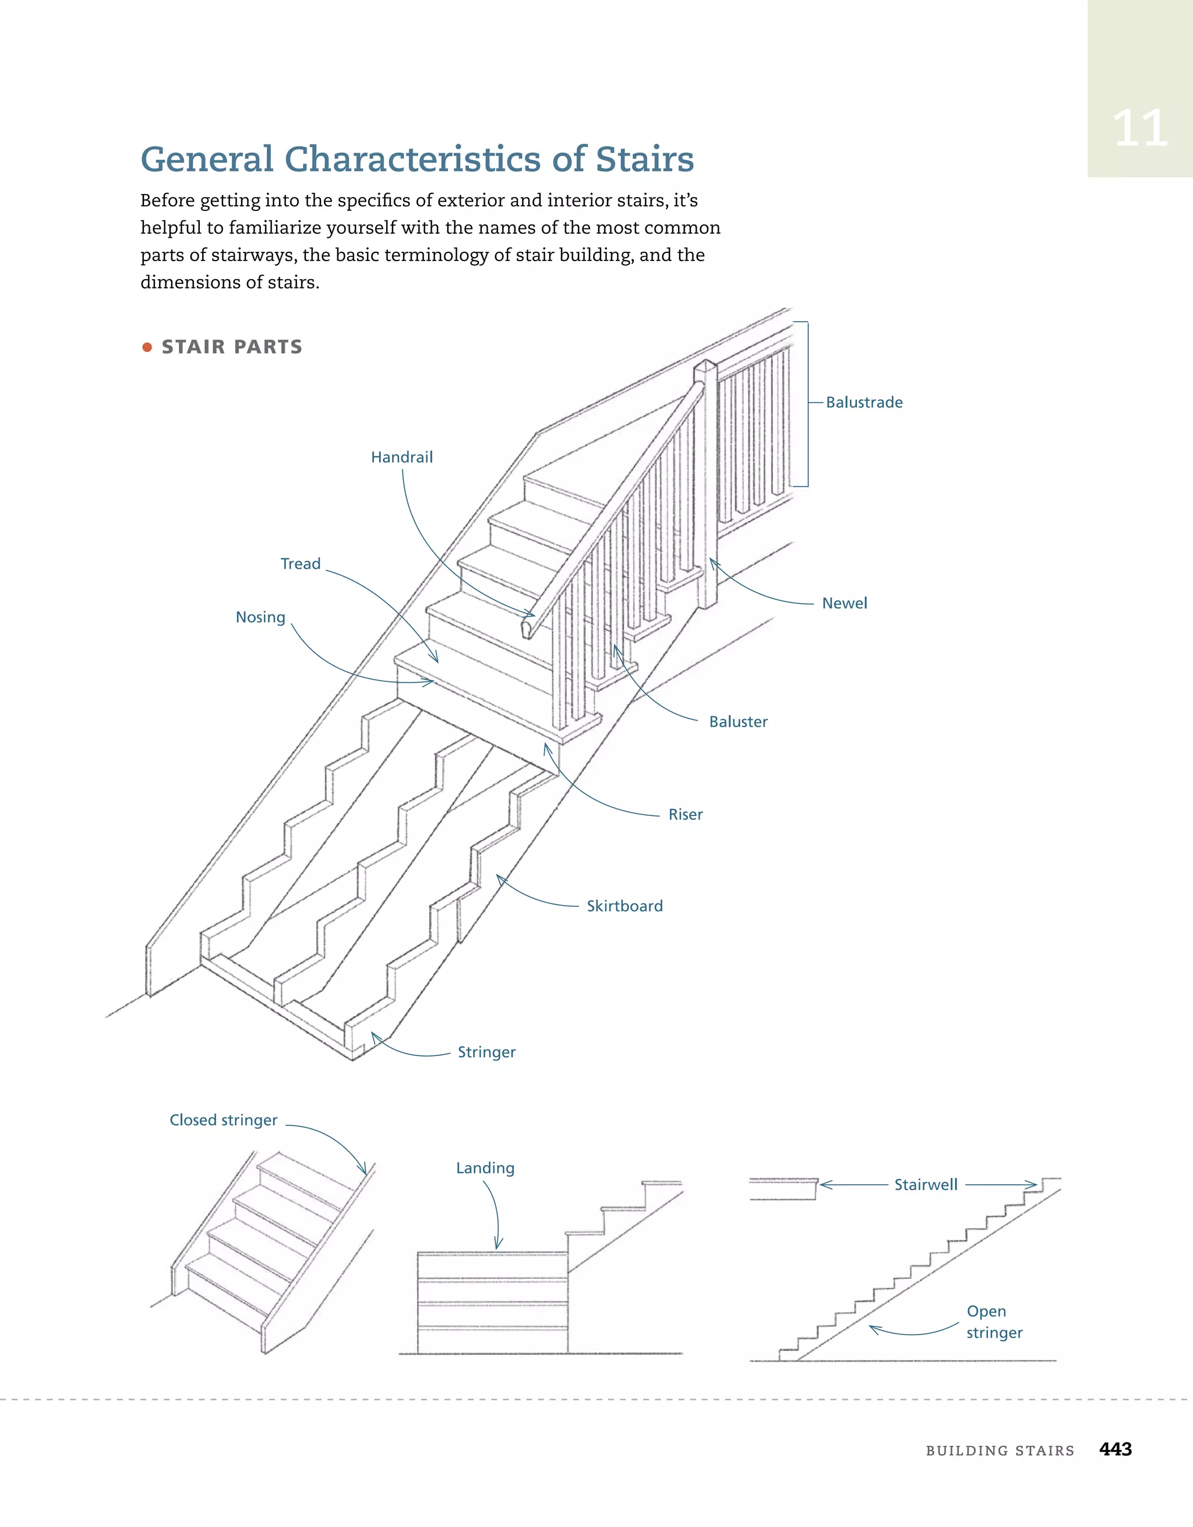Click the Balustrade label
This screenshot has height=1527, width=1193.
coord(864,402)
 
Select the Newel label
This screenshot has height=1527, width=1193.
coord(844,603)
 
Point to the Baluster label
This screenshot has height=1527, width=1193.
coord(738,722)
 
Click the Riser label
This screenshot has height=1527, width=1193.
coord(685,815)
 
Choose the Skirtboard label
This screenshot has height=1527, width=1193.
coord(624,906)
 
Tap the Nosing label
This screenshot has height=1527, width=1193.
coord(261,617)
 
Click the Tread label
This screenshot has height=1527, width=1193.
coord(301,564)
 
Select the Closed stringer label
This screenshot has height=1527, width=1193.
coord(224,1120)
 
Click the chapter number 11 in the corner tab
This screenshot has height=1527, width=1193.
coord(1139,129)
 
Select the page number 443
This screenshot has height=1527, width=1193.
coord(1116,1449)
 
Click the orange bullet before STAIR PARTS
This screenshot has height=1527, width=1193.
coord(147,347)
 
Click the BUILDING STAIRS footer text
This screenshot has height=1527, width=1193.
coord(1000,1450)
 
